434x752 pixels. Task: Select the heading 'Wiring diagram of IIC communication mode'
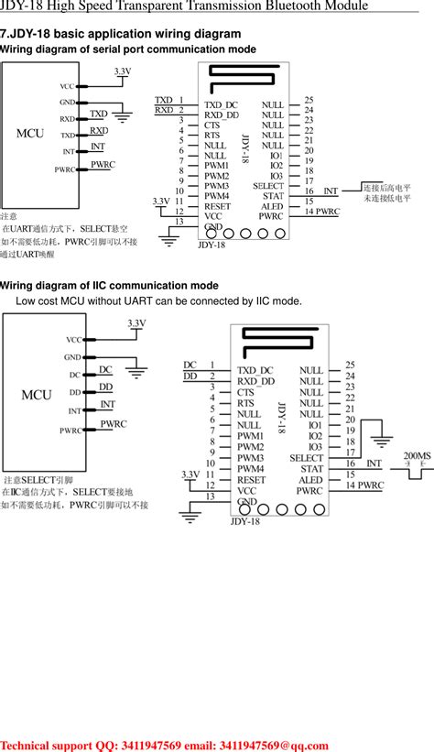109,285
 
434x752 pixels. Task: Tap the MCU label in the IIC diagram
37,395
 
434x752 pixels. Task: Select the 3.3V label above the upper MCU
123,71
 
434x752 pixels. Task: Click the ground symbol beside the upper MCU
122,116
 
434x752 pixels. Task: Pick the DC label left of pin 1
190,365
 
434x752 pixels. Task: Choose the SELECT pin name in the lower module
306,457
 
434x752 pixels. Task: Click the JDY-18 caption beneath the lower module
245,521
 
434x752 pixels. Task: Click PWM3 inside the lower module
251,458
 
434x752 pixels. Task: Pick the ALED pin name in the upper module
272,206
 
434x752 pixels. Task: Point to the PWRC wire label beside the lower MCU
113,424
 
